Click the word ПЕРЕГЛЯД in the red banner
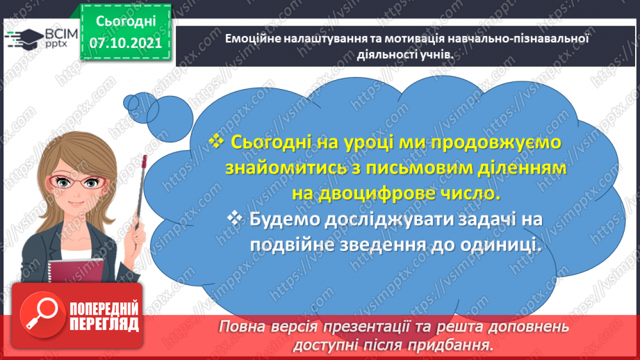(x=104, y=324)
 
